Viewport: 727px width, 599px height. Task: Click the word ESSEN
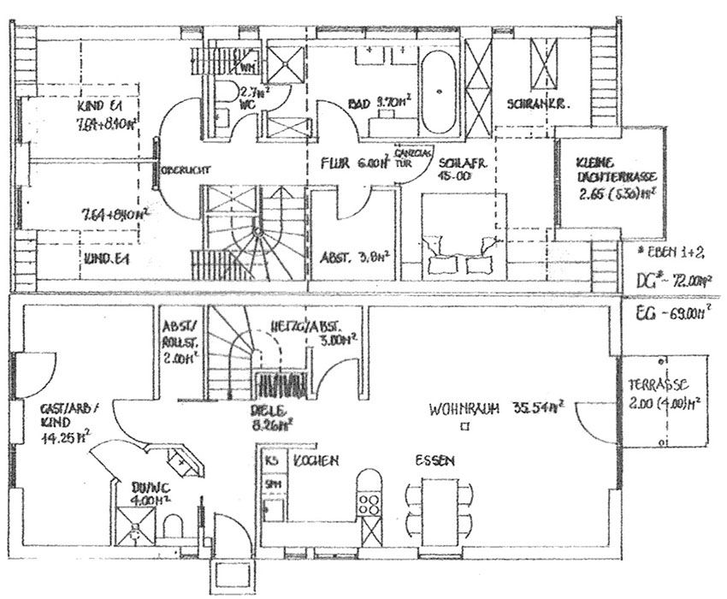point(435,461)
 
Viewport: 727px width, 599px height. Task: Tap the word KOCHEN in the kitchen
point(316,461)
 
